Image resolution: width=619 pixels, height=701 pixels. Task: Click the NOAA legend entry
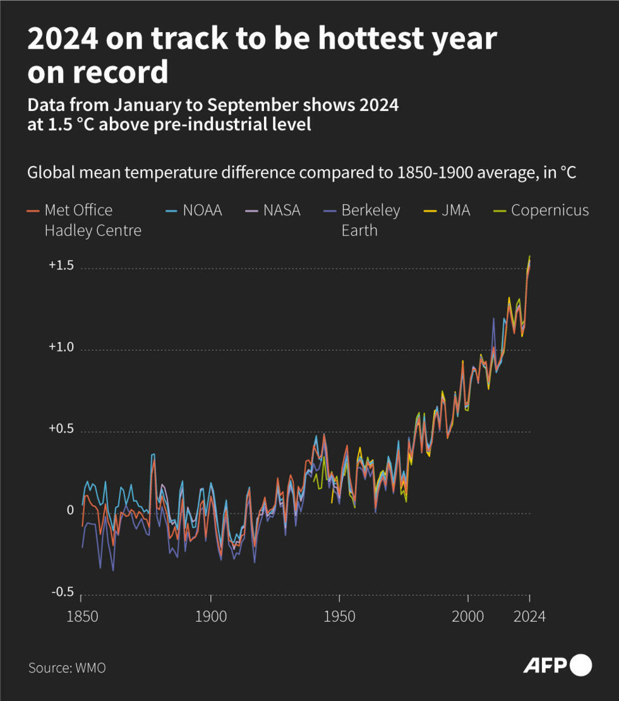[x=202, y=210]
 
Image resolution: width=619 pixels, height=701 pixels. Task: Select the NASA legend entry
[x=282, y=210]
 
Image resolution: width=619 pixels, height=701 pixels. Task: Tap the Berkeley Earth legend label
[x=370, y=220]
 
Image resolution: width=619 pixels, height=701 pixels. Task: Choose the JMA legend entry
[x=456, y=210]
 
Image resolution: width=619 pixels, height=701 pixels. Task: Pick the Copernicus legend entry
[x=550, y=210]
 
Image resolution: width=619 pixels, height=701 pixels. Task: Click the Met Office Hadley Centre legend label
[x=93, y=220]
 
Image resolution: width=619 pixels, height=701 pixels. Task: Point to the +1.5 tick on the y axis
[x=61, y=266]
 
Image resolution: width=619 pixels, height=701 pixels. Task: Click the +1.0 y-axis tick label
[x=61, y=348]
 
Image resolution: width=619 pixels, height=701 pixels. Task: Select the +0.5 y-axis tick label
[x=61, y=429]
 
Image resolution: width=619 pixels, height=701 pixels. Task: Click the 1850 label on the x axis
[x=82, y=616]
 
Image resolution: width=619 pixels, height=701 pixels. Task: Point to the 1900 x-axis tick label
[x=211, y=616]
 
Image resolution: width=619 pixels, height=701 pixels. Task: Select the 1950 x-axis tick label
[x=340, y=616]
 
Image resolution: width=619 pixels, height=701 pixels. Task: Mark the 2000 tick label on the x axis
[x=469, y=616]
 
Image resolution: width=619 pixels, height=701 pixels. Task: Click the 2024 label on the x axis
[x=529, y=616]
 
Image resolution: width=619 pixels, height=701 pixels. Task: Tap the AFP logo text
[x=545, y=666]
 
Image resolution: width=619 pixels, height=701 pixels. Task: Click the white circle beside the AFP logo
[x=580, y=666]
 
